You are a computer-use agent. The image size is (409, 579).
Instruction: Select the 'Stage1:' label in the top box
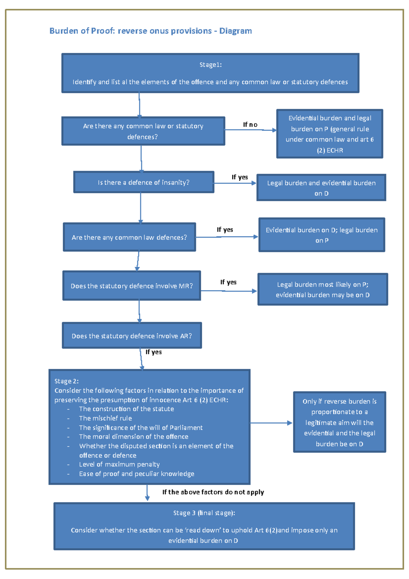(x=210, y=65)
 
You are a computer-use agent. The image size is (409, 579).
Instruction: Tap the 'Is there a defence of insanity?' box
(x=143, y=182)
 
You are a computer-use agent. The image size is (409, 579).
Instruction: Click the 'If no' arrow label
(x=250, y=125)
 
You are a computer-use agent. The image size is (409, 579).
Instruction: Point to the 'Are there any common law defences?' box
(x=129, y=237)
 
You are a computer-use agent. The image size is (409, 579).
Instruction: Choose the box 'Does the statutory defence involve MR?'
(x=132, y=286)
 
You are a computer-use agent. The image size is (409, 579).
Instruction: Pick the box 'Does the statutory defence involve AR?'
(x=132, y=336)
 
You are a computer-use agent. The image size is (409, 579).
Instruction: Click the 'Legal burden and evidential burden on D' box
(x=321, y=188)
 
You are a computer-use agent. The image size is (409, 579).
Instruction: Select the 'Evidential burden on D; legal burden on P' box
(x=321, y=235)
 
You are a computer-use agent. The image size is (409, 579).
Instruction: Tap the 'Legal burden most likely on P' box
(x=322, y=289)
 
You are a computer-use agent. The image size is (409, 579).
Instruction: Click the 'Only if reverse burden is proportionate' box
(x=339, y=422)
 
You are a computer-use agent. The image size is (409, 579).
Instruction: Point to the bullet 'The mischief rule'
(x=105, y=418)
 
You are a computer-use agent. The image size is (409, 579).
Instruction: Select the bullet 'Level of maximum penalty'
(x=119, y=464)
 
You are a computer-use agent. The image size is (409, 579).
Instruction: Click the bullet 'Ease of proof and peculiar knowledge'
(x=136, y=474)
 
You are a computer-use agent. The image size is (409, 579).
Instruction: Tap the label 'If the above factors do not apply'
(x=213, y=492)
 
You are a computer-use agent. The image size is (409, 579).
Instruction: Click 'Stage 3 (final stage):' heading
(x=204, y=513)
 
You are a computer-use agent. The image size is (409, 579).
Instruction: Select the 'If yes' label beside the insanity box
(x=240, y=177)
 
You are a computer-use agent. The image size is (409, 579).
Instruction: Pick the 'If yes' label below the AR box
(x=153, y=352)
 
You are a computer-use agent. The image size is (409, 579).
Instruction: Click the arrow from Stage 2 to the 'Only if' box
(x=271, y=423)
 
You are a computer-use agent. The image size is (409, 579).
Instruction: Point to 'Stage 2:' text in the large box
(x=66, y=381)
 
